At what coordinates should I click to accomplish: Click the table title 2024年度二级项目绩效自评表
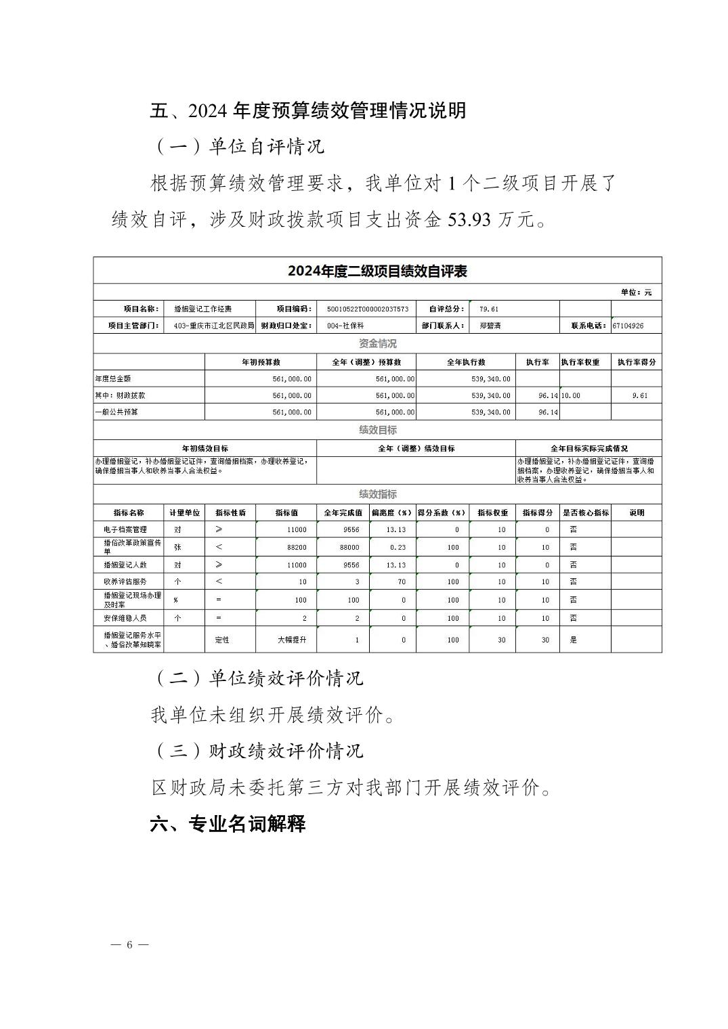pos(377,271)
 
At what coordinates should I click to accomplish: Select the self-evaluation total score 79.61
pos(488,309)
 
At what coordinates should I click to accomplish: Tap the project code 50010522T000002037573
pos(367,309)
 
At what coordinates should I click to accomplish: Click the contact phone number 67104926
pos(628,326)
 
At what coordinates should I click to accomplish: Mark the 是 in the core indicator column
pos(573,640)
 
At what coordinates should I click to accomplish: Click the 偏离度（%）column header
pos(392,512)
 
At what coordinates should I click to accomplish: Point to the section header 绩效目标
pos(377,430)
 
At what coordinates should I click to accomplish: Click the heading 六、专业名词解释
pos(228,824)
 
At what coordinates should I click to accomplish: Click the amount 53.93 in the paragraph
pos(469,219)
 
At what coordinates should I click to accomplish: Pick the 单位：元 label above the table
pos(636,292)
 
